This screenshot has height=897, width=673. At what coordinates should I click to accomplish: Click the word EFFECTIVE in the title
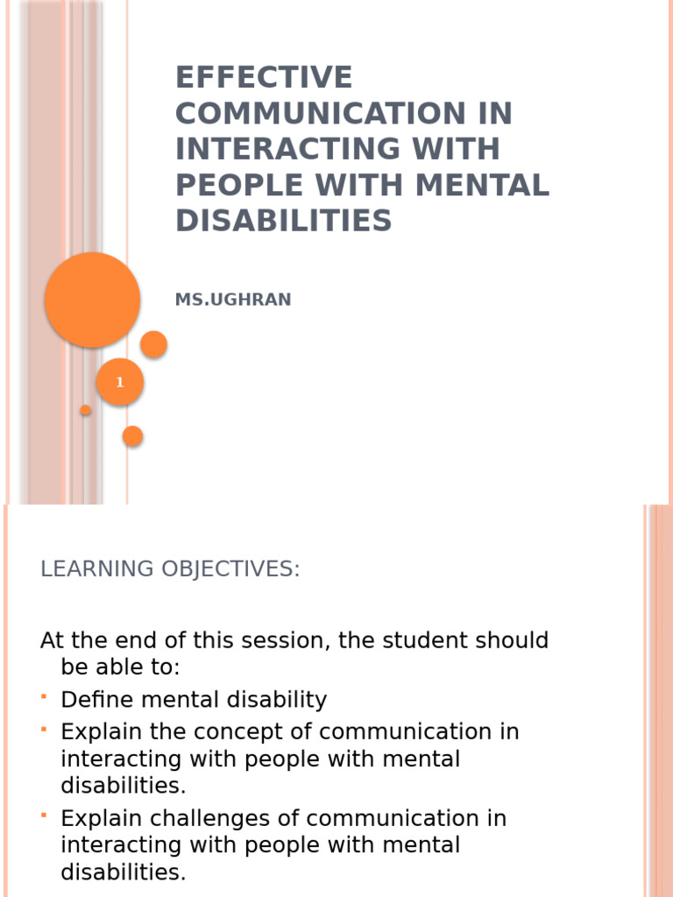point(264,78)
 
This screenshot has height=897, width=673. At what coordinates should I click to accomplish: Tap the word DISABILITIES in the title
point(283,221)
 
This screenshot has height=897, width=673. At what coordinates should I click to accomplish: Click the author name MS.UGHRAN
point(233,300)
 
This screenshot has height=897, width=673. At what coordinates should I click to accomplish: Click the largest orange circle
point(92,300)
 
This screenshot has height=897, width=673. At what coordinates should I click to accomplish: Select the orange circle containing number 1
point(120,382)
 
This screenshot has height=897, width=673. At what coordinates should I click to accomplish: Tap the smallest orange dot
point(86,410)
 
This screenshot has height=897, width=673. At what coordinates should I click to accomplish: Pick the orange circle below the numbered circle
point(132,435)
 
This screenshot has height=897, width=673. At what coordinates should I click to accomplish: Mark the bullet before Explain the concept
point(44,729)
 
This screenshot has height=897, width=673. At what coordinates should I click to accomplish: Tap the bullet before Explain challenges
point(44,816)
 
